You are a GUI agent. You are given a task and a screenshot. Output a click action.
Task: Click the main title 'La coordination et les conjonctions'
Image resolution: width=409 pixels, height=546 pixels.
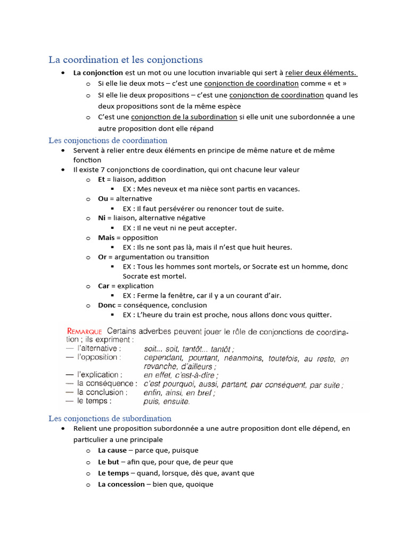pos(126,60)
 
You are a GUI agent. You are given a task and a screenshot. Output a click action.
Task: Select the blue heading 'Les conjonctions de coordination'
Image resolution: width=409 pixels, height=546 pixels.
pos(108,140)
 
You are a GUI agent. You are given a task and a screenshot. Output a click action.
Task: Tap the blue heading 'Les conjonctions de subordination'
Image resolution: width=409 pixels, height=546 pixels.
pos(110,419)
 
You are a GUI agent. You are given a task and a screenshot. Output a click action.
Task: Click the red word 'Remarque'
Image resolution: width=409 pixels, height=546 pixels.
pos(84,332)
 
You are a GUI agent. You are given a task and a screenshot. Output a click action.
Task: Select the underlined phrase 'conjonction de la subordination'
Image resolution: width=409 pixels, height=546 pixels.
pos(184,117)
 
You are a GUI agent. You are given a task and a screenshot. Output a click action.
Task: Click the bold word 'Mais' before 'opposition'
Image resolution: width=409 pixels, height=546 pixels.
pos(106,237)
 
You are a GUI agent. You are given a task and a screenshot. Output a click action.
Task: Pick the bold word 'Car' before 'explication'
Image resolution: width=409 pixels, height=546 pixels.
pos(103,286)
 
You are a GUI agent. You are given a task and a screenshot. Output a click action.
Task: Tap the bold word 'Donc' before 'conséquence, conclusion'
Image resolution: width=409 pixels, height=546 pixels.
pos(107,305)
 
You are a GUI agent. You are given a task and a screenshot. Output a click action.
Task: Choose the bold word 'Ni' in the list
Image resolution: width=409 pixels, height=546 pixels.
pos(102,218)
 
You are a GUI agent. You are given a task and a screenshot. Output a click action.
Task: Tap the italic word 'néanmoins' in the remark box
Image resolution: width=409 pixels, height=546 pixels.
pos(244,359)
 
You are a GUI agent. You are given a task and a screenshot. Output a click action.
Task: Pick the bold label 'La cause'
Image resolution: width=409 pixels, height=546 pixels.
pos(112,451)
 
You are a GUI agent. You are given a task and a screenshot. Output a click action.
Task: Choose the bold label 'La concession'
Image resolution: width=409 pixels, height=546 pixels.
pos(121,484)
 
